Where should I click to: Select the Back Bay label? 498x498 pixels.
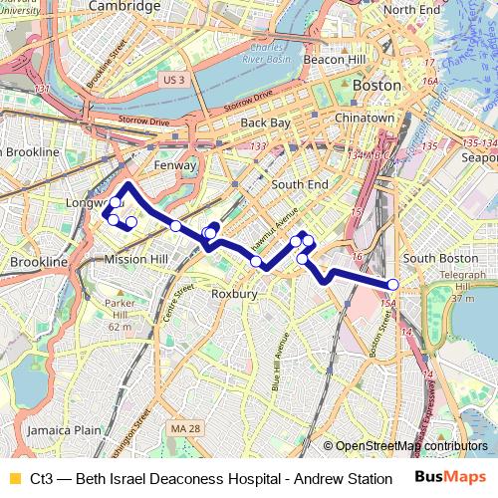click(x=265, y=124)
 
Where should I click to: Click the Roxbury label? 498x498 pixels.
click(x=235, y=295)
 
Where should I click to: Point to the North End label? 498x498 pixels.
click(x=410, y=9)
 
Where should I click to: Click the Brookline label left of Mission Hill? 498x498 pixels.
click(x=38, y=262)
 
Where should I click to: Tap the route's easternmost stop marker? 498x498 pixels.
click(x=393, y=285)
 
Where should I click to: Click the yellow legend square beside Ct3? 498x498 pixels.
click(x=14, y=479)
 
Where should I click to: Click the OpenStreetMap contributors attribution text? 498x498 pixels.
click(x=411, y=447)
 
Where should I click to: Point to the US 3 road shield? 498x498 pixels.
click(x=174, y=79)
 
